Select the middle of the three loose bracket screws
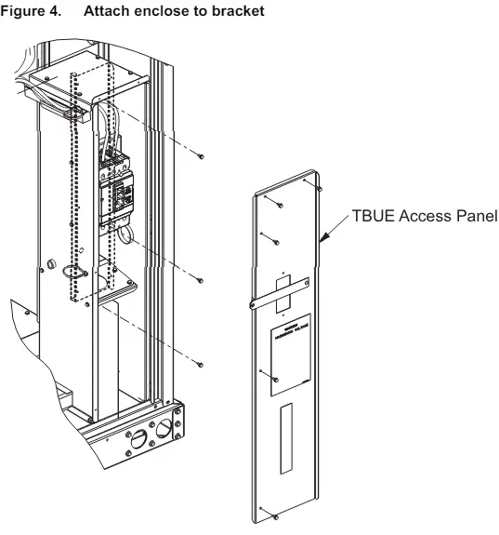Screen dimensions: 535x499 tap(202, 279)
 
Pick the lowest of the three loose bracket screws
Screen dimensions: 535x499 tap(202, 365)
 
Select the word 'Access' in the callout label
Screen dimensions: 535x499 tap(424, 217)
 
